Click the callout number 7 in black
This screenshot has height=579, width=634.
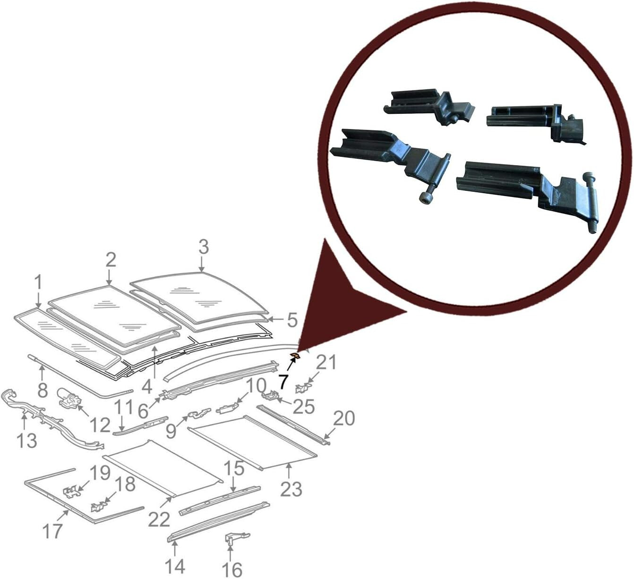point(283,379)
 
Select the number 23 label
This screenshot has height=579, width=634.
point(291,489)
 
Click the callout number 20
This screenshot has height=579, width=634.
point(344,418)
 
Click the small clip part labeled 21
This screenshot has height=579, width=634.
point(302,388)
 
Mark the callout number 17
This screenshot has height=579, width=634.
point(52,531)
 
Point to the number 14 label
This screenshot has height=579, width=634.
point(175,566)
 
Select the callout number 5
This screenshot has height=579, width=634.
point(292,321)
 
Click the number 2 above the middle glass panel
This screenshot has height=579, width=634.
point(111,259)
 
